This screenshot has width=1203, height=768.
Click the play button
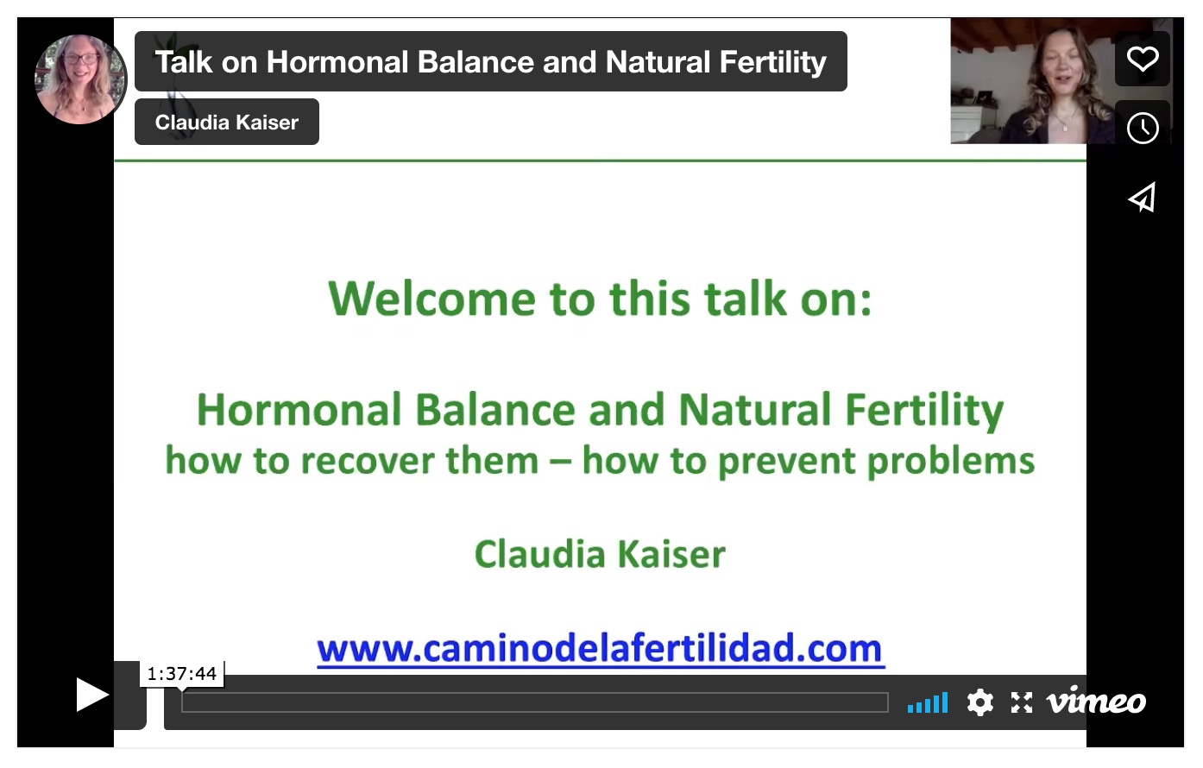[91, 695]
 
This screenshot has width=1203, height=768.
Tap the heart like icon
[1143, 59]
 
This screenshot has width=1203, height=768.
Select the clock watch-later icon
[1143, 128]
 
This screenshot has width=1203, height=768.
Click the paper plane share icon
[1142, 197]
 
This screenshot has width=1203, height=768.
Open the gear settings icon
[980, 702]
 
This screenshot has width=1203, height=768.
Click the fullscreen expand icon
[1022, 702]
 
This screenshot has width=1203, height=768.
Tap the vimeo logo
[1097, 701]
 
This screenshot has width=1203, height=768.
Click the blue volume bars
[928, 703]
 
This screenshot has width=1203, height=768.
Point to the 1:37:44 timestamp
[181, 673]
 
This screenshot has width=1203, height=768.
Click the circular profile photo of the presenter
[80, 79]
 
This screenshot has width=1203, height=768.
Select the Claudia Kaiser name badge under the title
[227, 122]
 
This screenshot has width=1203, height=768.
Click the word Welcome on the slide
[432, 299]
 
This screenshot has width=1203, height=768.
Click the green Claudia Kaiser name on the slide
[600, 554]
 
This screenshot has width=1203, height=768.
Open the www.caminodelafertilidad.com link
[601, 648]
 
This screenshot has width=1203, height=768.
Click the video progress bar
[535, 702]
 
